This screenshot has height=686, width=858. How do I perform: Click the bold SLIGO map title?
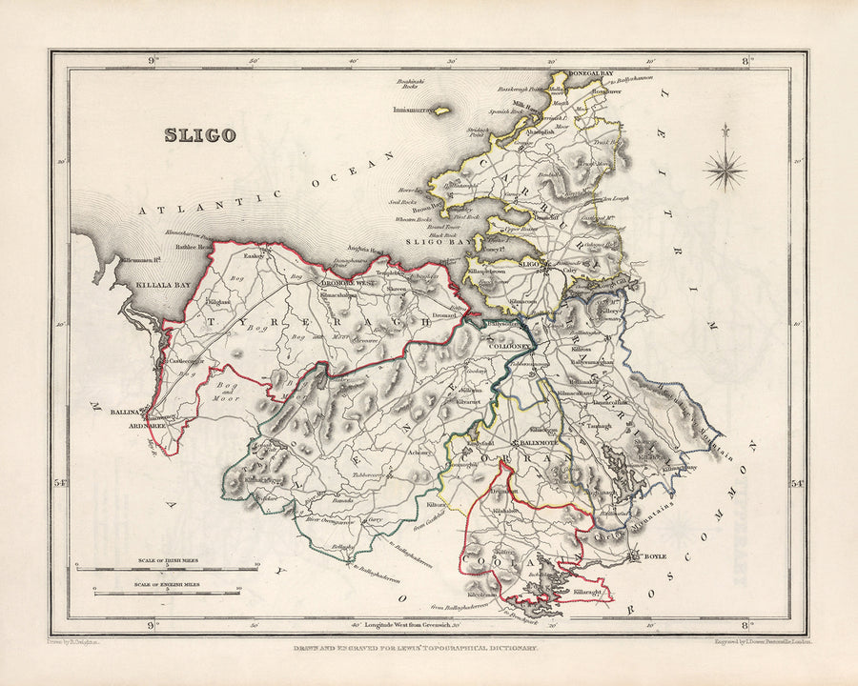(x=199, y=134)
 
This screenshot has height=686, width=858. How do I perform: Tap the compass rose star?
(x=725, y=171)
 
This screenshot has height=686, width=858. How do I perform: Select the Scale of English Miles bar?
(x=167, y=594)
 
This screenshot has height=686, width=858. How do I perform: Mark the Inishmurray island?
(x=417, y=111)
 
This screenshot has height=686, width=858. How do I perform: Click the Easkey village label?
(x=254, y=255)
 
